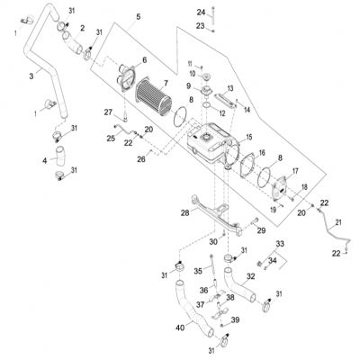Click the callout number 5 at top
(x=138, y=16)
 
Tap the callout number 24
(x=202, y=11)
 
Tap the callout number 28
(x=184, y=212)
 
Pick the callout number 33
(x=280, y=244)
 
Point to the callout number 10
(x=192, y=73)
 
